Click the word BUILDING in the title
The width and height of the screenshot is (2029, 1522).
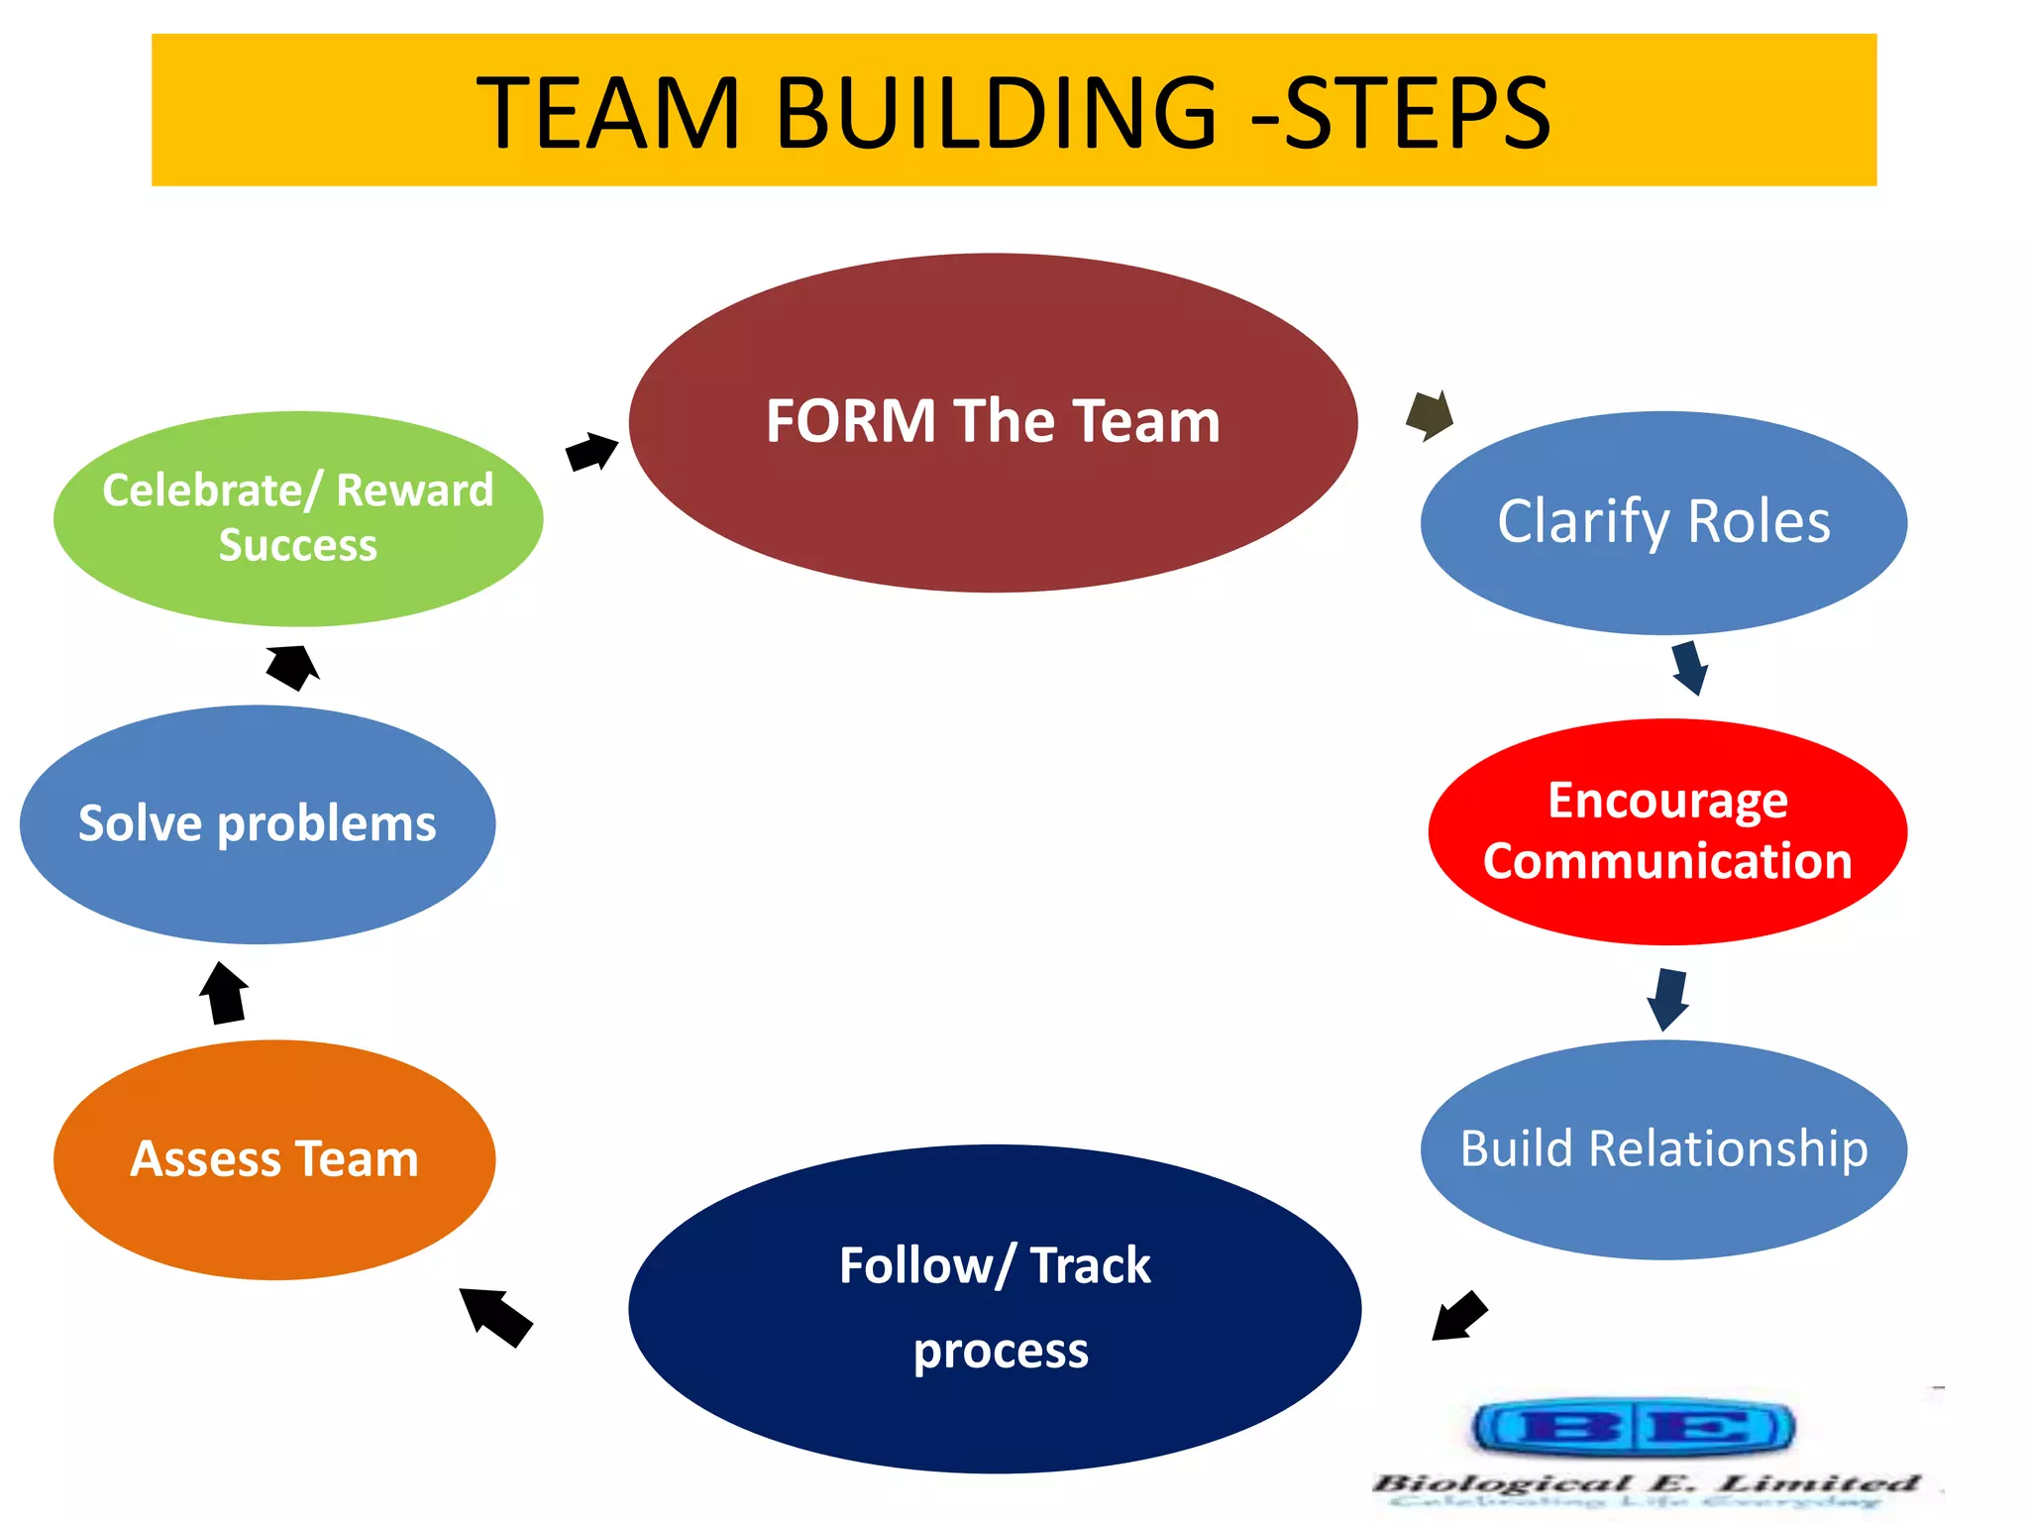[995, 113]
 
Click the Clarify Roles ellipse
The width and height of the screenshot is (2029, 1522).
[1663, 522]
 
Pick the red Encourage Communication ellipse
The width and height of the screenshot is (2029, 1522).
[1667, 830]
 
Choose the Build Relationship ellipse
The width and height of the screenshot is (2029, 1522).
[1663, 1149]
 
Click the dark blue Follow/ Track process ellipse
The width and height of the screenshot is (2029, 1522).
[995, 1308]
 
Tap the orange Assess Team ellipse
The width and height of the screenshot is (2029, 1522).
[274, 1159]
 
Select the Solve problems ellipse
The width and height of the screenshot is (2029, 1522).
[258, 823]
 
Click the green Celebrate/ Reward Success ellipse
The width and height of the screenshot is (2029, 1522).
[298, 518]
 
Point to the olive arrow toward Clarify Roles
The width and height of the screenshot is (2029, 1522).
[1431, 414]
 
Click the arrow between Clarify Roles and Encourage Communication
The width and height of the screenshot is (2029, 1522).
[1689, 667]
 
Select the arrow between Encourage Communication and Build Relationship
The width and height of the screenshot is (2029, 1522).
[1668, 998]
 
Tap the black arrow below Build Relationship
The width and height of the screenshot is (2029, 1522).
[1459, 1316]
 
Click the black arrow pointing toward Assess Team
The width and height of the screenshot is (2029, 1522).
[495, 1316]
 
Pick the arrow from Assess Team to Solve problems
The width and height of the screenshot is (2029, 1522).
[225, 993]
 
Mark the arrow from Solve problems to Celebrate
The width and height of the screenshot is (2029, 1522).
[293, 666]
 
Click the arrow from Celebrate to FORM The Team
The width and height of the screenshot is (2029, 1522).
[591, 452]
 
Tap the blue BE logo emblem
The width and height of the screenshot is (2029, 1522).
[1633, 1428]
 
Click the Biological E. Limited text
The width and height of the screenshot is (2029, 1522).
[1645, 1483]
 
